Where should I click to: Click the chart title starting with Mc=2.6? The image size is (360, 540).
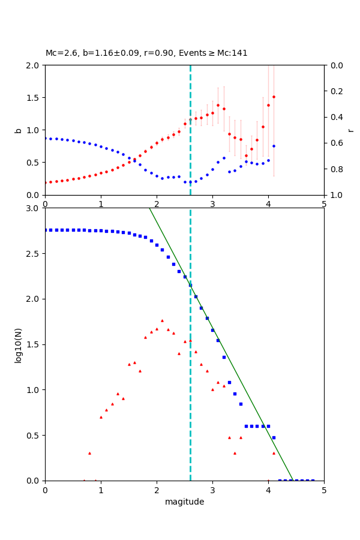point(146,53)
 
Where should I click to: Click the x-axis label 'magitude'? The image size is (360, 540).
point(184,502)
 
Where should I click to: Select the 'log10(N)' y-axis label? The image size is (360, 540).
point(19,344)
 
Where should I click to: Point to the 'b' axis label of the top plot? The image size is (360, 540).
point(19,130)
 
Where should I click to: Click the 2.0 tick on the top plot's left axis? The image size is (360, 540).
point(35,65)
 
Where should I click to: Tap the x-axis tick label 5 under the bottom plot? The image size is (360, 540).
point(324,490)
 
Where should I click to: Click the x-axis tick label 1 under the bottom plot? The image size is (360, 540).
point(101,490)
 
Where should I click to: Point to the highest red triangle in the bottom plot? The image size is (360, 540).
point(162,320)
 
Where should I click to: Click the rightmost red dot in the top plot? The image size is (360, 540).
point(274,97)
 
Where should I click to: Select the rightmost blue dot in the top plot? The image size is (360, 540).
point(274,146)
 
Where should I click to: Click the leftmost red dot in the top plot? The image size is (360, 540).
point(45,182)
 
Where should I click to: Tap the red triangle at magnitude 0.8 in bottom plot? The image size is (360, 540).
point(89,453)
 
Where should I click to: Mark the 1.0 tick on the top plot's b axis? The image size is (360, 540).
point(35,130)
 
